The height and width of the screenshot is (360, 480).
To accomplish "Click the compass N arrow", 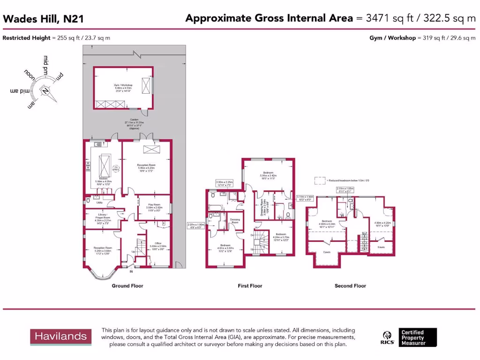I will pyautogui.click(x=46, y=91).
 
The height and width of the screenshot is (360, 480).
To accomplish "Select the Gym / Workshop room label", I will pyautogui.click(x=123, y=87).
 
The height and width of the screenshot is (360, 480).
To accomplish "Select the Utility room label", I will pyautogui.click(x=99, y=202).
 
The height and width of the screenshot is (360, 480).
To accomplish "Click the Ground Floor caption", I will pyautogui.click(x=127, y=285).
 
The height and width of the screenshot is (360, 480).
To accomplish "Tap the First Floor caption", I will pyautogui.click(x=250, y=285).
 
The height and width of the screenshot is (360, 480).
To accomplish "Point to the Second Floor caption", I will pyautogui.click(x=350, y=285).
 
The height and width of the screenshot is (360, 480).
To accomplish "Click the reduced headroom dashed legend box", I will pyautogui.click(x=319, y=180).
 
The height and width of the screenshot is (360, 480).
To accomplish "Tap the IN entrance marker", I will pyautogui.click(x=131, y=271).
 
